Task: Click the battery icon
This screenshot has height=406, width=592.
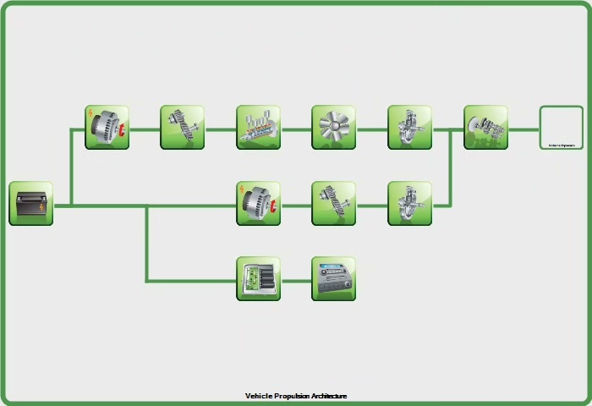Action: (x=31, y=203)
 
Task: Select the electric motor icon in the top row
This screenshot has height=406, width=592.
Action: (x=107, y=128)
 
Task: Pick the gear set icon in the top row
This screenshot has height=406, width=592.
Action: (x=183, y=128)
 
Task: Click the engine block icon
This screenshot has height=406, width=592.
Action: (x=258, y=128)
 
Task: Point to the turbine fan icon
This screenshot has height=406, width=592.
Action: (x=333, y=128)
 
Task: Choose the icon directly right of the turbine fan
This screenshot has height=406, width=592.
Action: (x=409, y=128)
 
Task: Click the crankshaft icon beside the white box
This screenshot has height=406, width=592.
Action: (x=485, y=128)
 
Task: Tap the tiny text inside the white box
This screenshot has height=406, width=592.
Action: (x=562, y=145)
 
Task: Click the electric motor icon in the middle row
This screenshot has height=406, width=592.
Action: (x=258, y=203)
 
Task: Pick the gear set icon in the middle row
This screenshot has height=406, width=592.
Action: (x=333, y=203)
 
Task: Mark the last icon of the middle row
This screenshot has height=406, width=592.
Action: (x=409, y=203)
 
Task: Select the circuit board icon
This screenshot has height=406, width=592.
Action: (x=258, y=279)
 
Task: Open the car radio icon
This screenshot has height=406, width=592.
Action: (x=333, y=279)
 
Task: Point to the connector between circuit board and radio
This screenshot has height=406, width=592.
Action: (x=296, y=280)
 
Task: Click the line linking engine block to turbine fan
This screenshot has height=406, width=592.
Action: (x=296, y=129)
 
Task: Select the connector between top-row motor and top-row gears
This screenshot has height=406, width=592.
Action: (x=145, y=129)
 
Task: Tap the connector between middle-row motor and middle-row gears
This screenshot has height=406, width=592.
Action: (x=296, y=205)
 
